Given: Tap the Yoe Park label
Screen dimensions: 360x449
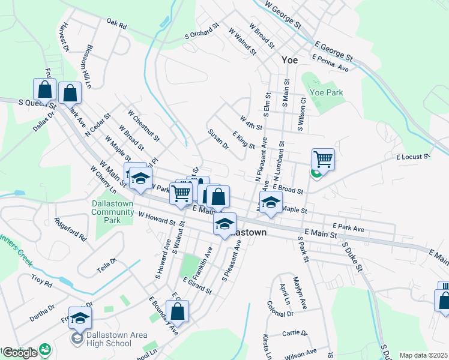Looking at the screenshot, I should pyautogui.click(x=325, y=93).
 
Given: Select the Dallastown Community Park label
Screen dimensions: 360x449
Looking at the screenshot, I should pyautogui.click(x=109, y=212).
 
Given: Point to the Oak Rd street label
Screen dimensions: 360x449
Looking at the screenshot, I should pyautogui.click(x=116, y=26).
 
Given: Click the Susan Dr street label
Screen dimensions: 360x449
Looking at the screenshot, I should pyautogui.click(x=218, y=139).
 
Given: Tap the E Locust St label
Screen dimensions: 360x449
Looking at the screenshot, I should pyautogui.click(x=413, y=157).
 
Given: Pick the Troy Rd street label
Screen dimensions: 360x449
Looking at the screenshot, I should pyautogui.click(x=43, y=280).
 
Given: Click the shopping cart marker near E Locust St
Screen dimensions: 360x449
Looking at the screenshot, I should pyautogui.click(x=323, y=160).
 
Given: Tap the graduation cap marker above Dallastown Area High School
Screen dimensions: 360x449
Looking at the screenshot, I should pyautogui.click(x=80, y=318).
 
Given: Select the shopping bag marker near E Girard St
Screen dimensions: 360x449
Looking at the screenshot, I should pyautogui.click(x=177, y=311).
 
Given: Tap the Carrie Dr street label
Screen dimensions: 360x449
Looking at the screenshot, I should pyautogui.click(x=295, y=333).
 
